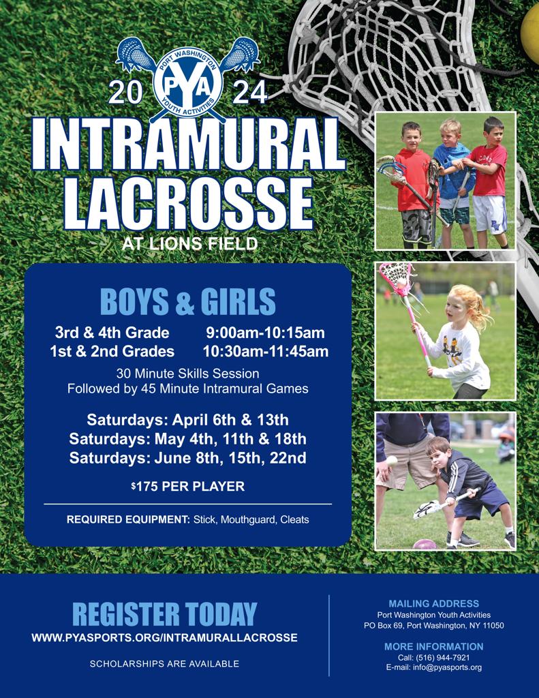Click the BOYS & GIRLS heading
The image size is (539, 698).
pos(188,302)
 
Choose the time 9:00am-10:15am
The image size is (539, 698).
pos(265,333)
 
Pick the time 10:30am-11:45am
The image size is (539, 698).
pos(266,352)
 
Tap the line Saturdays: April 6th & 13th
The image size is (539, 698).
pos(187,420)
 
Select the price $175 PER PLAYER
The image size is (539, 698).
pos(187,487)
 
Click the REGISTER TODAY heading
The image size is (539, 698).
pos(164,614)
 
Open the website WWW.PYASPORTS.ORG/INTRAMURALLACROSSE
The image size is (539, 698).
pos(164,638)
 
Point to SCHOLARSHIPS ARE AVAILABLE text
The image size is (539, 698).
pos(164,663)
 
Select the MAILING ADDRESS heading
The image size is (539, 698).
pos(433,603)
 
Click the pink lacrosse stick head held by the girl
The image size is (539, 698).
pos(397,277)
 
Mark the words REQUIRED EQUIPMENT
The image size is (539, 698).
pos(128,519)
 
